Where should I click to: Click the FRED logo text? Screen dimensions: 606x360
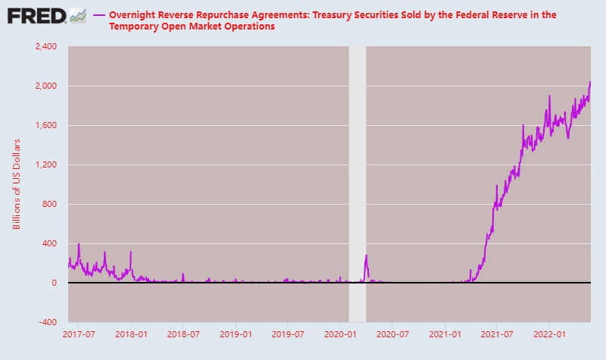36,16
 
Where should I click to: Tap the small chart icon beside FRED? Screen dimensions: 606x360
78,16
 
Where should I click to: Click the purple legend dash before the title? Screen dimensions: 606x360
99,15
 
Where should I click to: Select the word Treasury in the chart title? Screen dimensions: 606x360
330,15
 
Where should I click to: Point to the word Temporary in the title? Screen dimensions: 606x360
131,27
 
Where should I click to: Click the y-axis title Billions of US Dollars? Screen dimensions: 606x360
16,184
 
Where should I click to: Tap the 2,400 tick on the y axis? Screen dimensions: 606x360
46,46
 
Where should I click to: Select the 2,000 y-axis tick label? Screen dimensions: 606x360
46,86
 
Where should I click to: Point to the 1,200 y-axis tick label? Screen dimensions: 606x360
46,164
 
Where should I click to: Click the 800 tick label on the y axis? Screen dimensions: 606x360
49,204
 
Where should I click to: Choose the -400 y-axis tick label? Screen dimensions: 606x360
48,322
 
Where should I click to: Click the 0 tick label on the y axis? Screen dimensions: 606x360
54,283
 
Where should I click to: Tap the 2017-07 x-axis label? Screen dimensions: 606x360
79,334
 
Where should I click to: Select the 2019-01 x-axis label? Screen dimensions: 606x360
236,334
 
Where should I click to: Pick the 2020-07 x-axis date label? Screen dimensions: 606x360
392,334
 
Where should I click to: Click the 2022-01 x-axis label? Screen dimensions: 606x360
549,334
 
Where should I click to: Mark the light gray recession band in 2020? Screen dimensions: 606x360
358,184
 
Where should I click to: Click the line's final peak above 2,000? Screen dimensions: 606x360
590,82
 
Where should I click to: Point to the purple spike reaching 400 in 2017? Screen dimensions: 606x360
79,244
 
